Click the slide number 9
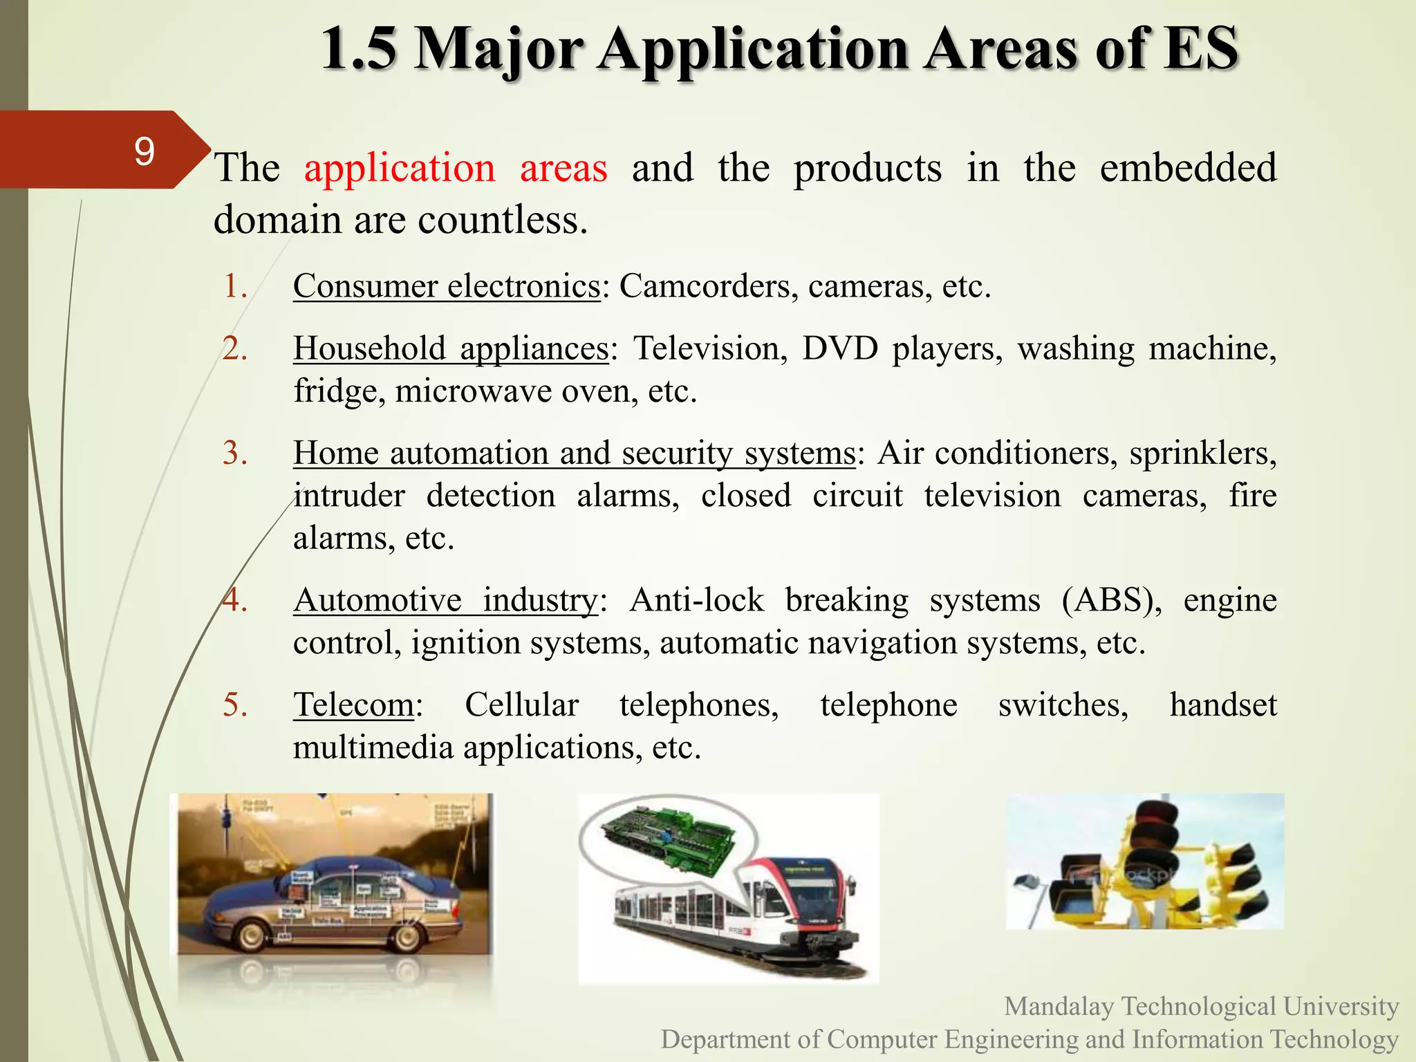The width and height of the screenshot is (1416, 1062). pos(144,151)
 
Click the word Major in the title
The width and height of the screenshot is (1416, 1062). pos(499,50)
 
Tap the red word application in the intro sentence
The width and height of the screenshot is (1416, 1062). pos(400,168)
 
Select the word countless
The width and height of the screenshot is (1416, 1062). pos(503,221)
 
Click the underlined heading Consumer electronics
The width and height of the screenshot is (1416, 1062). pos(447,286)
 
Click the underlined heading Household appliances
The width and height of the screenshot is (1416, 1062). pos(451,348)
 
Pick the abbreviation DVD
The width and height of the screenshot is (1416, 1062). pos(839,348)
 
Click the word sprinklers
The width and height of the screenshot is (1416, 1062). pos(1202,454)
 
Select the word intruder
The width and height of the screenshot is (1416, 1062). pos(349,496)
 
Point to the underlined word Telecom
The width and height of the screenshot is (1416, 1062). pos(353,705)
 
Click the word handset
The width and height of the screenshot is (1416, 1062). pos(1222,705)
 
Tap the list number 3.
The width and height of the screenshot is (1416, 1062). pos(235,454)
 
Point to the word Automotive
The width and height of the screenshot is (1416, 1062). pos(378,600)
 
